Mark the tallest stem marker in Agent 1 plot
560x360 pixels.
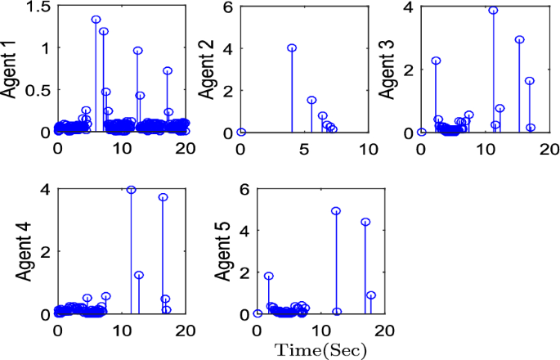96,20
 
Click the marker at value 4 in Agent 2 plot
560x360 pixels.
292,48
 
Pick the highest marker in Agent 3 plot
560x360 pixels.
493,11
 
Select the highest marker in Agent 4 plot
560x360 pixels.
131,190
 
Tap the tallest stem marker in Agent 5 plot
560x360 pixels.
336,211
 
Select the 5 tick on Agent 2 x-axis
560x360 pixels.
304,150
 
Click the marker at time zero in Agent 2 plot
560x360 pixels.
241,132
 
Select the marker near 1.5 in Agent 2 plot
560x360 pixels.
311,101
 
